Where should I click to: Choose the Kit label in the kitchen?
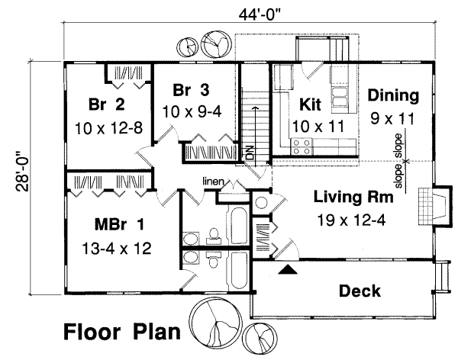[x=309, y=101]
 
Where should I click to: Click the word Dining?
[x=393, y=96]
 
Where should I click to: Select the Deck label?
[x=360, y=291]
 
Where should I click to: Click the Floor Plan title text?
[x=121, y=333]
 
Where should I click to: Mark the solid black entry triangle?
[x=287, y=269]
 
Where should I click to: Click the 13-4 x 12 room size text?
[x=117, y=249]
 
